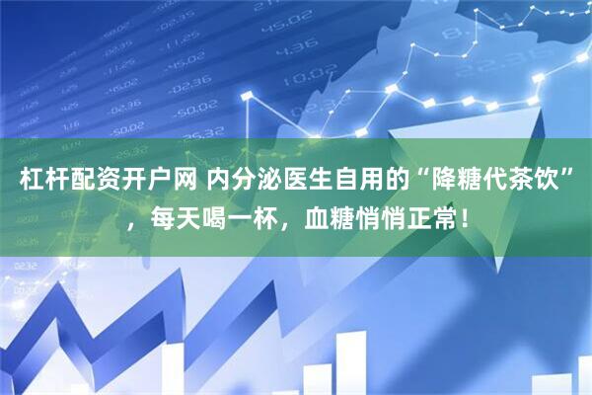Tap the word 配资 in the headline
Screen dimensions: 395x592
click(87, 182)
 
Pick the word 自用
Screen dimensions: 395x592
click(349, 182)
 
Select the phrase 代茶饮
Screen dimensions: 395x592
click(516, 182)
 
